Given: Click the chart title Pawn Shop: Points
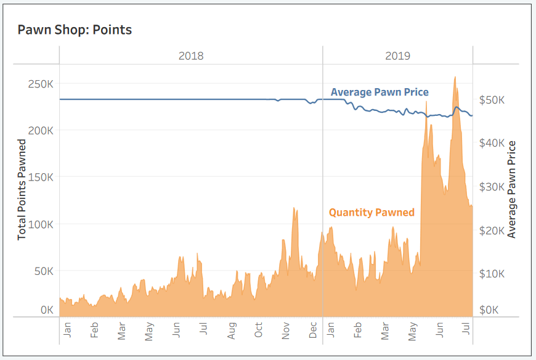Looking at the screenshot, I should click(x=75, y=30).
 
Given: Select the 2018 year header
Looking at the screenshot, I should click(x=191, y=55).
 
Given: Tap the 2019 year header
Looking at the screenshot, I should click(x=398, y=55).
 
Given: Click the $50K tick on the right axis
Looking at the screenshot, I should click(x=492, y=100).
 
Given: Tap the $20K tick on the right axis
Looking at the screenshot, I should click(x=492, y=231).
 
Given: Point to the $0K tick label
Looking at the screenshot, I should click(x=489, y=309).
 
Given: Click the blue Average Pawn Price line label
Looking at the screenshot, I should click(x=380, y=92).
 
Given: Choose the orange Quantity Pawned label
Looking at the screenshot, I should click(x=372, y=213).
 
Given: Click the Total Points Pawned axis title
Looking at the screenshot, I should click(x=22, y=190).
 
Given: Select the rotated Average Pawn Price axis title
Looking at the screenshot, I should click(x=511, y=190).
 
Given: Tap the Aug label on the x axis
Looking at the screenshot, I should click(x=231, y=331).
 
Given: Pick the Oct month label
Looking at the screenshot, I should click(x=258, y=331).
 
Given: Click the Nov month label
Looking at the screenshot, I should click(x=286, y=331).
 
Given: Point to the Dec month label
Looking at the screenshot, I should click(x=313, y=331).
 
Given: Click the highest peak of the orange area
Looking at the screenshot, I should click(x=455, y=78).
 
